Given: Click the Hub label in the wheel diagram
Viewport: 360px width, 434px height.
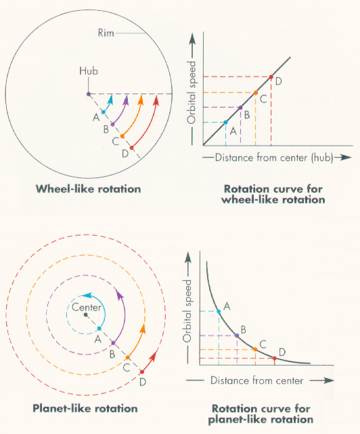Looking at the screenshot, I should pos(89,70).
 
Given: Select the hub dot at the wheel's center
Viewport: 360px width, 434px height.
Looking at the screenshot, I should pos(88,93).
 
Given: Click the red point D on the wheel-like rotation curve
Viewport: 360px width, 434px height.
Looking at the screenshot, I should pos(271,77).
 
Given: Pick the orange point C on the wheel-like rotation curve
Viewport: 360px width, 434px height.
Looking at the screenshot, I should pos(255,92).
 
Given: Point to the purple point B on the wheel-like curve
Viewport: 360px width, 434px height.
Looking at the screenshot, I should pos(240,107).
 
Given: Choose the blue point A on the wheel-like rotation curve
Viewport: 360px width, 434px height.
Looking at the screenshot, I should pos(225,122).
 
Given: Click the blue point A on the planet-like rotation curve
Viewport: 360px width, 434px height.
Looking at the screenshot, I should pos(218,311).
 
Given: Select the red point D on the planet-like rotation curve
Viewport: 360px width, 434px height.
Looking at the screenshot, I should pos(273,357).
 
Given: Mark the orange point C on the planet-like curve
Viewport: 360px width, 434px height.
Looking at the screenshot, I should pos(254,349).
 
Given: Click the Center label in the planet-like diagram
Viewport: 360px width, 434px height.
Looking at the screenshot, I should pos(86,307).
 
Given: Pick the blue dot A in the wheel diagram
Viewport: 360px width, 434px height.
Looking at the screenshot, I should pos(103,112).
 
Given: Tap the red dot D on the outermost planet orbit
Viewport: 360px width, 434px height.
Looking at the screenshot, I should pos(141,372).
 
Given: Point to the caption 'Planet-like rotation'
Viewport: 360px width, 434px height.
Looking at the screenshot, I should pos(85,408).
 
